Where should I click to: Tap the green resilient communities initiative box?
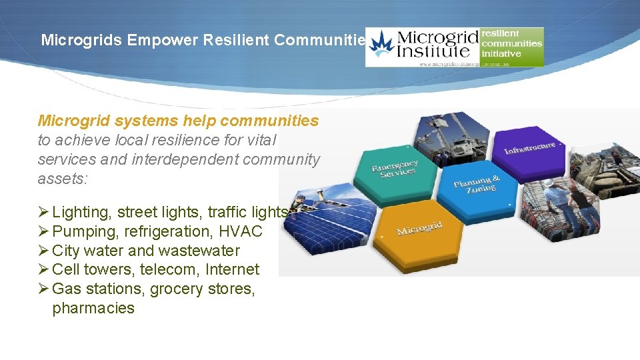511,43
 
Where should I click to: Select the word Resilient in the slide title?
236,40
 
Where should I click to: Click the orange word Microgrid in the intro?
73,121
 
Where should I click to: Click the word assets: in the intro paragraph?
62,179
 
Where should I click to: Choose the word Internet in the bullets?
233,269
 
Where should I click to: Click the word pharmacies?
93,308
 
